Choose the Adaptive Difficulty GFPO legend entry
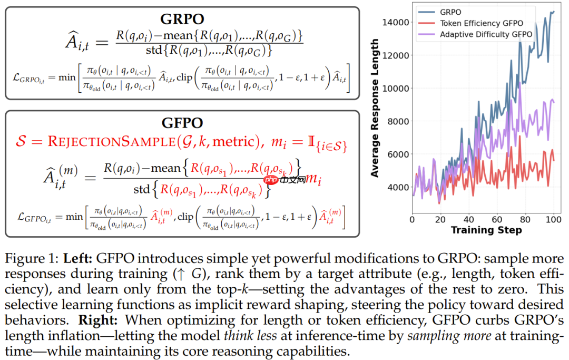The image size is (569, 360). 486,34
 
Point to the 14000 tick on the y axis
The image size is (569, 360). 395,22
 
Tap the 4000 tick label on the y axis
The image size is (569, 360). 397,187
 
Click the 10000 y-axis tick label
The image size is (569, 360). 395,88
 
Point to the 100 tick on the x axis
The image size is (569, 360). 553,219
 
